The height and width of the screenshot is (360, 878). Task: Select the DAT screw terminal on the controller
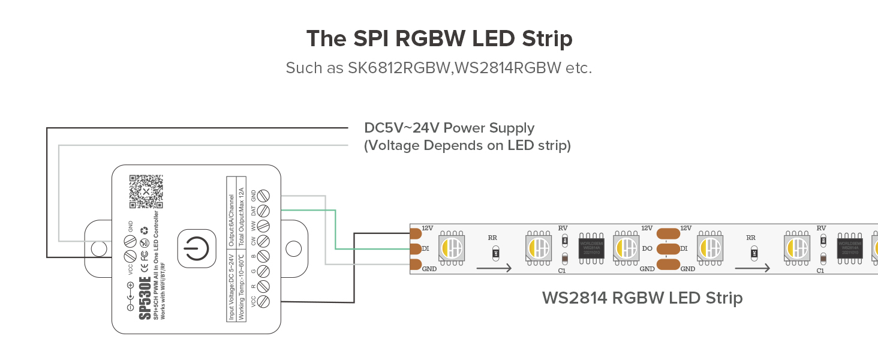pos(262,211)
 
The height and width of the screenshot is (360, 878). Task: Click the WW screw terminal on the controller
pos(262,226)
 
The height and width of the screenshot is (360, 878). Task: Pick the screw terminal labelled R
pos(262,286)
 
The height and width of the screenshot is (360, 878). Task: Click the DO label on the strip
pos(647,248)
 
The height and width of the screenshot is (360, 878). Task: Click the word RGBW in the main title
pos(431,39)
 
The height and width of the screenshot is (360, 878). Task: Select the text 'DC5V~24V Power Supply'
pos(449,128)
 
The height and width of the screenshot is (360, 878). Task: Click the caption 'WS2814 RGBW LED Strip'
pos(642,298)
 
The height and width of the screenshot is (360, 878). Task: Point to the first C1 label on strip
pos(562,271)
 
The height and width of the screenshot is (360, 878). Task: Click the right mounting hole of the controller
pos(293,248)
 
